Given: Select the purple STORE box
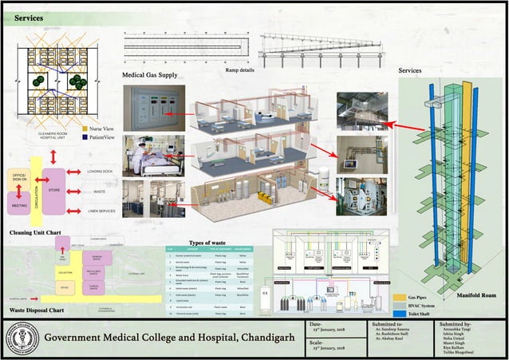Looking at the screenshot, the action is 54,191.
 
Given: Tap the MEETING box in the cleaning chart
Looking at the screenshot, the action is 19,205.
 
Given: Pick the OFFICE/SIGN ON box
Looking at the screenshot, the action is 18,177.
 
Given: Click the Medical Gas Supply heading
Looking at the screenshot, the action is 150,75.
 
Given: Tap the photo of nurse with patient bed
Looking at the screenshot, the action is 158,155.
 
